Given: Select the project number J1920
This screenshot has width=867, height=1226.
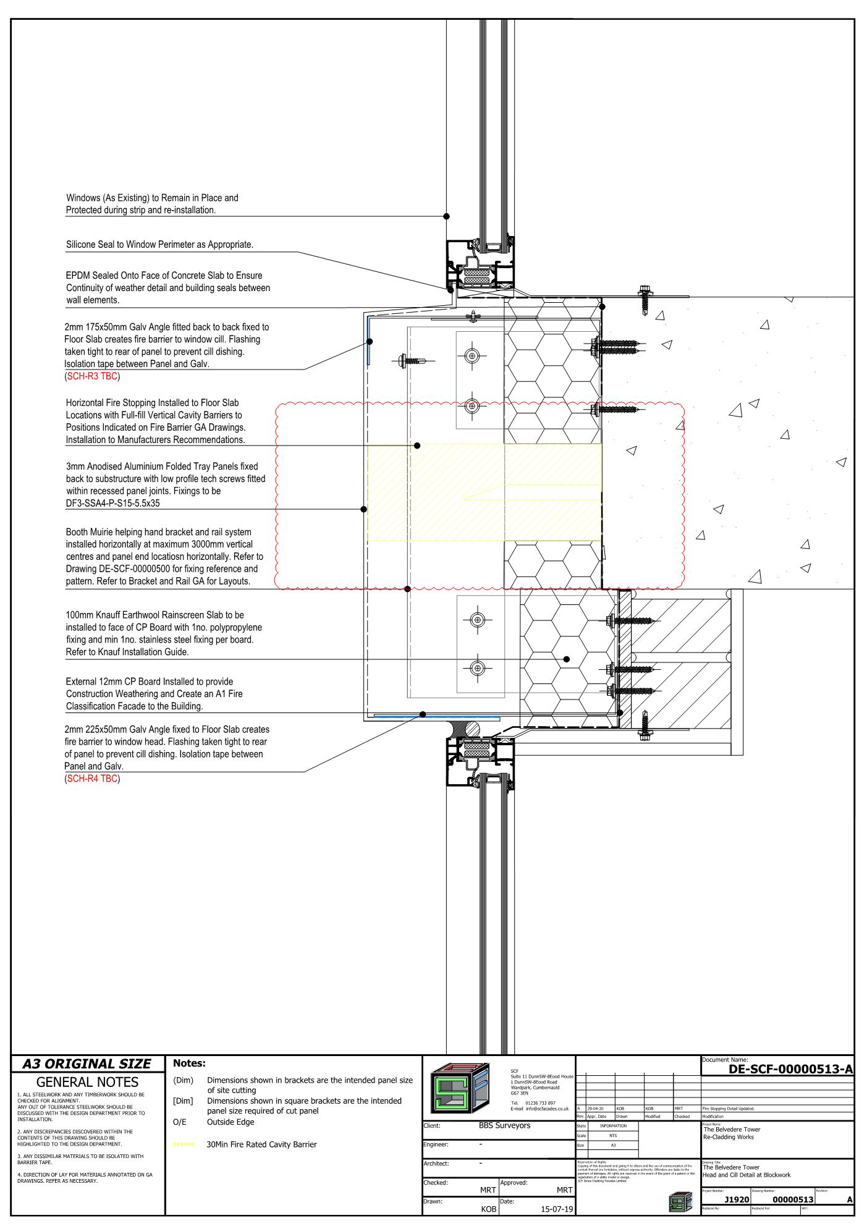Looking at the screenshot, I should pos(737,1199).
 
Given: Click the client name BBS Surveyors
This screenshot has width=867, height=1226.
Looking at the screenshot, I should pos(504,1125).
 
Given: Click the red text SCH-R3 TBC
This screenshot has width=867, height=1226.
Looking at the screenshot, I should pos(92,376).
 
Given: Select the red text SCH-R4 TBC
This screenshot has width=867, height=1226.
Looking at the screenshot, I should pos(92,779).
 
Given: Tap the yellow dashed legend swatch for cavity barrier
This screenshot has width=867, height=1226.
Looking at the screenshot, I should pos(184,1144).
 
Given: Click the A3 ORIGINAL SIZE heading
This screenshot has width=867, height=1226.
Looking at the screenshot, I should pos(87,1063).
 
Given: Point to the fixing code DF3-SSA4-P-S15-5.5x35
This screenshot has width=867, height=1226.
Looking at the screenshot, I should pos(114,503).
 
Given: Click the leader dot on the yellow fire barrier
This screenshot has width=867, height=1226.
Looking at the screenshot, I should pos(417,445).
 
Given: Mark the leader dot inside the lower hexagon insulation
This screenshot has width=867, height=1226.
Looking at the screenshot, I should pos(566,659).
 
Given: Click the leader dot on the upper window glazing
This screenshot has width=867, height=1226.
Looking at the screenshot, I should pos(447,216).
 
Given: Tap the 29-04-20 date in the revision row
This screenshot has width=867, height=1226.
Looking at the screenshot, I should pos(596,1109).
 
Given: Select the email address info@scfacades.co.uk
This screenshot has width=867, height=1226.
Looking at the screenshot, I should pos(547,1109).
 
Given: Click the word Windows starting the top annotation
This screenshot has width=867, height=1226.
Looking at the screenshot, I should pos(83,198).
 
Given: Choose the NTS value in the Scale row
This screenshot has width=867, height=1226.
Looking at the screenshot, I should pos(612,1135).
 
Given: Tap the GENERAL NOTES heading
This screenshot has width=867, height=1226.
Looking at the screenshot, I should pos(87,1082).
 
